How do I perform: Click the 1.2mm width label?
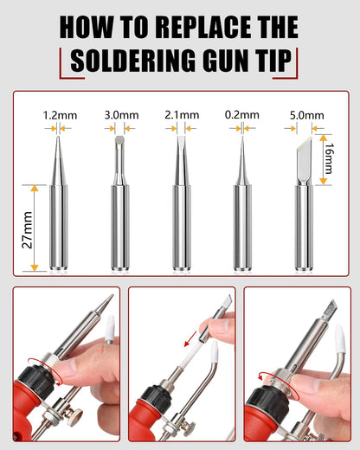[x=60, y=116]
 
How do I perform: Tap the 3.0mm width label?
[x=121, y=115]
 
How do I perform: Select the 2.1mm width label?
[x=182, y=115]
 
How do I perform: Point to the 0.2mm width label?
[x=242, y=115]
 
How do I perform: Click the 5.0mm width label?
[x=307, y=116]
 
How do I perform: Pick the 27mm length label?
[x=28, y=230]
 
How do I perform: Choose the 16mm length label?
[x=328, y=158]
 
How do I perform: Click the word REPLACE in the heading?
[x=202, y=27]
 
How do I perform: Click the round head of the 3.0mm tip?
[x=119, y=140]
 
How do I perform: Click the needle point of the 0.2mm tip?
[x=242, y=138]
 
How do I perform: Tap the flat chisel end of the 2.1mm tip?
[x=181, y=137]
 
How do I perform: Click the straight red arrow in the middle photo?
[x=190, y=339]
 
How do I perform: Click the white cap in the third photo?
[x=339, y=338]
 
